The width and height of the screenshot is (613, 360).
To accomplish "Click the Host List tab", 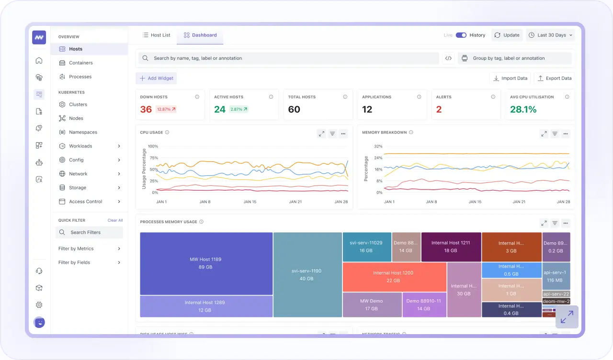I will [x=156, y=35].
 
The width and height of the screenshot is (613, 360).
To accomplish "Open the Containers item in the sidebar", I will [x=80, y=63].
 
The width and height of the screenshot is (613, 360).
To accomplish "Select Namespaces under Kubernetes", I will [x=83, y=132].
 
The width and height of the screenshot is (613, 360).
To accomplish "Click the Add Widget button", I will [x=156, y=79].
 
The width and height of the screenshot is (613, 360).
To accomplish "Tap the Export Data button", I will [x=554, y=79].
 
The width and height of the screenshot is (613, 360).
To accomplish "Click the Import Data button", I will [x=510, y=79].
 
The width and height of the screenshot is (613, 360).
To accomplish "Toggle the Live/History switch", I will [x=461, y=35].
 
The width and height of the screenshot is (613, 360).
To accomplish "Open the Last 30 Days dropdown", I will [x=550, y=35].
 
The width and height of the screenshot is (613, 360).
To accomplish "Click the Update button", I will [x=507, y=35].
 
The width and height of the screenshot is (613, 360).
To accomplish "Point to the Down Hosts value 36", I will [x=146, y=110].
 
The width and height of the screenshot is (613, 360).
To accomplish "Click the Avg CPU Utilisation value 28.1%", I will [x=523, y=110].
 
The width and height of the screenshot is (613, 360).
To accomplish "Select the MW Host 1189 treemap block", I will [x=206, y=263].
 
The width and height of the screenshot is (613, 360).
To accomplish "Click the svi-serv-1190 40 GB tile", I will [x=307, y=274].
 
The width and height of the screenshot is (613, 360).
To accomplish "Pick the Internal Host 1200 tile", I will [x=394, y=276].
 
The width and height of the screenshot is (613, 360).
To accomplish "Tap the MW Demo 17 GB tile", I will [x=372, y=304].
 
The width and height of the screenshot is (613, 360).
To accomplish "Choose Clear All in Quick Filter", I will [x=115, y=220].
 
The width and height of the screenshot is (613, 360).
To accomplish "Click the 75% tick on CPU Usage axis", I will [x=153, y=158].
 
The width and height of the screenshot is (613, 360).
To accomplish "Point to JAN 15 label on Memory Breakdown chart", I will [x=475, y=202].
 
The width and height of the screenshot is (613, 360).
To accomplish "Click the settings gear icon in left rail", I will [x=39, y=305].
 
